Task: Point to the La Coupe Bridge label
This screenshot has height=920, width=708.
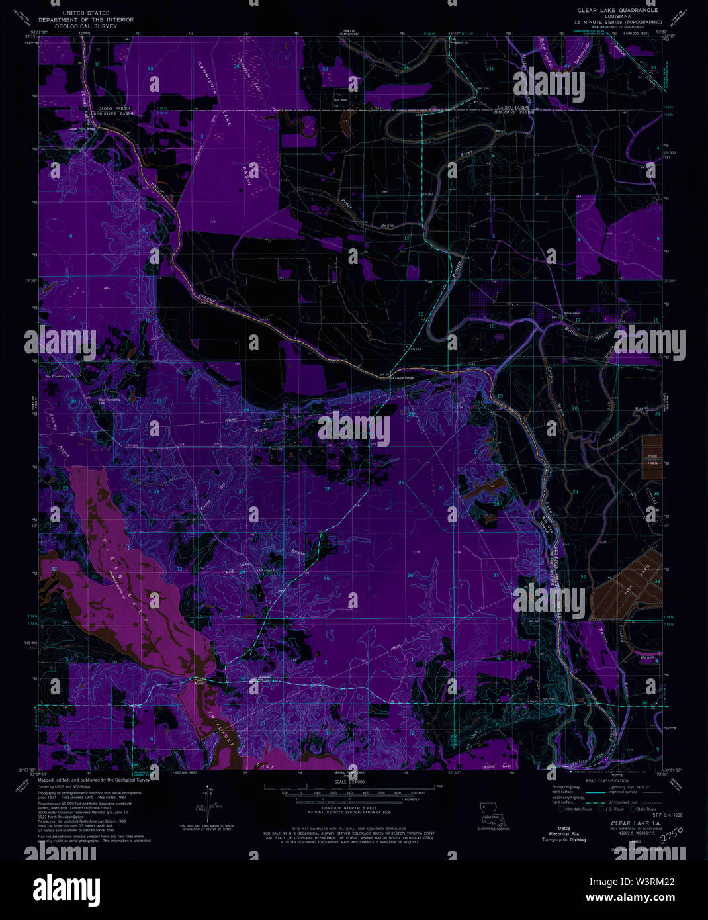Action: [x=400, y=378]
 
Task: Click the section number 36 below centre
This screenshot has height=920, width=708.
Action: [x=410, y=575]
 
